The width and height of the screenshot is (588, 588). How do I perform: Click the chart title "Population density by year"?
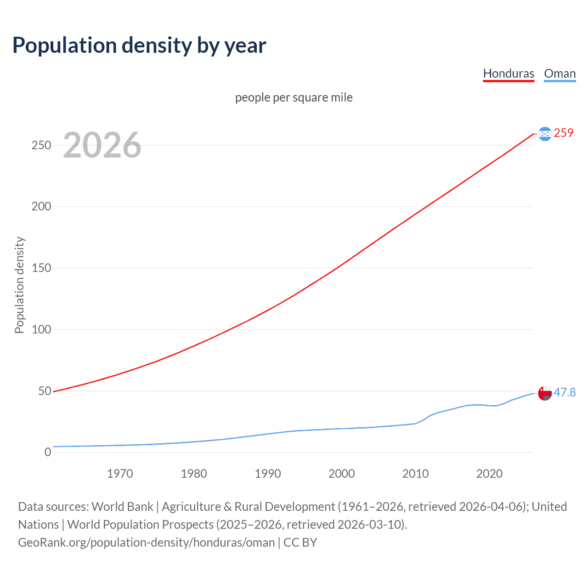pos(139,45)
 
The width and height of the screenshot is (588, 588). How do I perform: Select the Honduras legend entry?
pos(509,73)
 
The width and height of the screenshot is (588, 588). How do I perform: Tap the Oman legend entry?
pos(560,73)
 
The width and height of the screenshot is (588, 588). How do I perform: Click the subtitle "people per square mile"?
pos(294,97)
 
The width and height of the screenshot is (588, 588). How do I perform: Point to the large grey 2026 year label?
pos(102,145)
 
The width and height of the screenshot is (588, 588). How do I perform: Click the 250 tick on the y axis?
pos(41,145)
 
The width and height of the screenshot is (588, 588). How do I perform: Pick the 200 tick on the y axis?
pos(41,206)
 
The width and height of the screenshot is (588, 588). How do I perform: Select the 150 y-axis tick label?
pos(41,268)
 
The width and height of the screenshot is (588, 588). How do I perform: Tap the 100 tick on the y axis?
pos(41,329)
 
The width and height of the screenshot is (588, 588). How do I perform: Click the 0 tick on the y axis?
pos(48,452)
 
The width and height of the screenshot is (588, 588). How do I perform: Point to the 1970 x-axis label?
pos(120,474)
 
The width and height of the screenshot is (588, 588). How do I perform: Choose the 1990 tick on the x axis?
pos(268,474)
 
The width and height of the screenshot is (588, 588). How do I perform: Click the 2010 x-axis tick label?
pos(415,474)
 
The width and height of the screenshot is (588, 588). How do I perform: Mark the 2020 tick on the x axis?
pos(489,474)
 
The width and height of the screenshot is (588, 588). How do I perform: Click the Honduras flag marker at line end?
pos(545,134)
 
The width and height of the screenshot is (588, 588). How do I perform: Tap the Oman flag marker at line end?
pos(545,394)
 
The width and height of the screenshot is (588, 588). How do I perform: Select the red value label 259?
pos(564,133)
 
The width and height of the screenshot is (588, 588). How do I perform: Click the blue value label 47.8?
pos(565,392)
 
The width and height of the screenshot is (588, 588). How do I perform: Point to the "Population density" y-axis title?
pos(19,285)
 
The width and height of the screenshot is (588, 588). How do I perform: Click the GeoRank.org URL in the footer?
pos(146,543)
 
